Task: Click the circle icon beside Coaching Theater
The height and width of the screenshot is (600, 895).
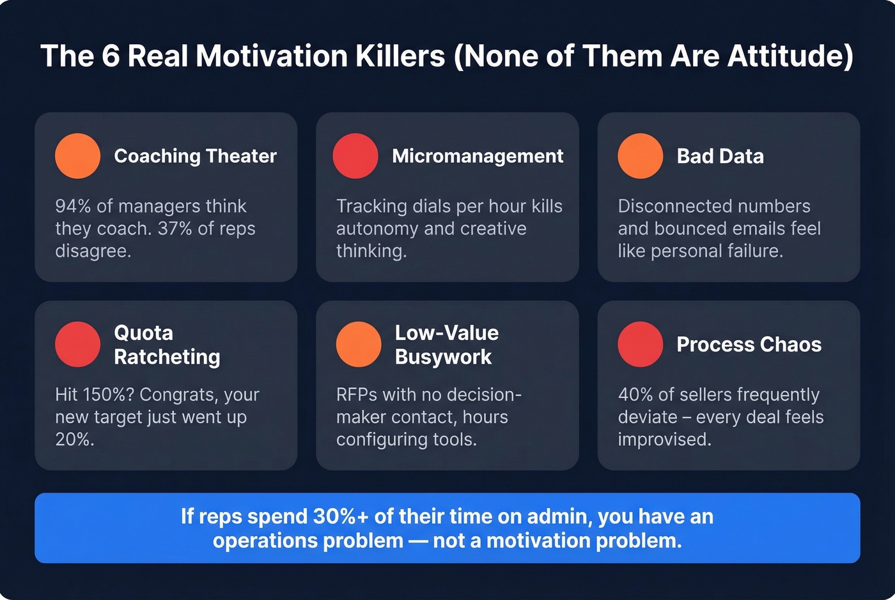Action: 77,156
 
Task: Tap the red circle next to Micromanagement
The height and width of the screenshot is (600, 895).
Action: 355,156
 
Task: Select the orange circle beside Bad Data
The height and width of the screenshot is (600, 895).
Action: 640,156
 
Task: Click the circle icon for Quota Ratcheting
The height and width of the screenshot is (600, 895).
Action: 77,344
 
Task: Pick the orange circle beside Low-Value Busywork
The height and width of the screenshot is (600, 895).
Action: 359,344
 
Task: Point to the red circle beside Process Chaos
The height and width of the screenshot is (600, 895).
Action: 640,344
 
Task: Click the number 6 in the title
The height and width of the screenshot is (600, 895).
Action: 111,56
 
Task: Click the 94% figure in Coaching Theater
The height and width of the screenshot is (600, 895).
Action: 73,206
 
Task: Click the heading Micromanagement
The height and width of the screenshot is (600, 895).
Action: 478,156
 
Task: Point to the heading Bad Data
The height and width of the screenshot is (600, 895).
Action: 720,156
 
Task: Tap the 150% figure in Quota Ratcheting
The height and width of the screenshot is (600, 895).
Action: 107,395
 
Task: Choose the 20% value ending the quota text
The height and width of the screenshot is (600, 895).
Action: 74,440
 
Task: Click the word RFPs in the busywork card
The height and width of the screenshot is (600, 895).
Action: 357,395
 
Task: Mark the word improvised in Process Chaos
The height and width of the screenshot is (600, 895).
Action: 664,440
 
